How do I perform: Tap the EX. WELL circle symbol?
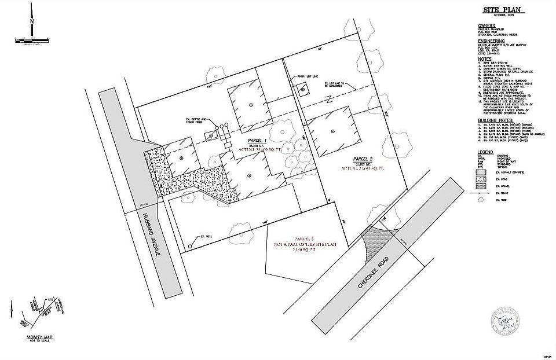[190, 247]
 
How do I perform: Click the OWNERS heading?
[487, 25]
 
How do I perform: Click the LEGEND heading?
[485, 150]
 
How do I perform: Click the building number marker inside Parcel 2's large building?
[332, 131]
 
